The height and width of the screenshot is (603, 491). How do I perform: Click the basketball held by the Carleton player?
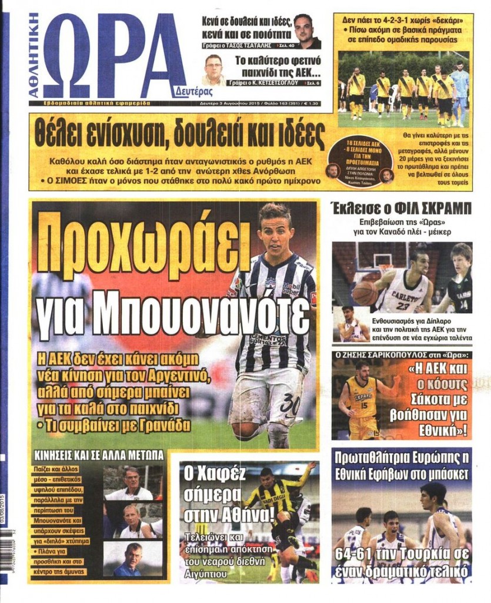[365, 293]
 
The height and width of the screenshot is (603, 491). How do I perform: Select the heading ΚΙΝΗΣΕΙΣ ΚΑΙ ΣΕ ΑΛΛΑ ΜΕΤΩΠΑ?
[98, 455]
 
